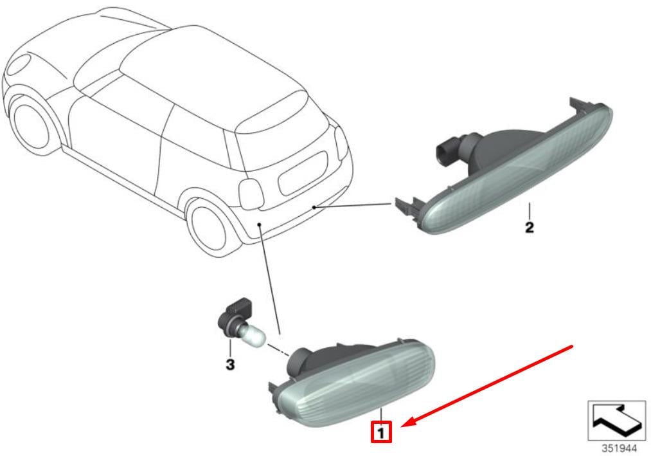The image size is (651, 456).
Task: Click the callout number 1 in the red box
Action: click(380, 433)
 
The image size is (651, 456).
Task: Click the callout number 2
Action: click(530, 228)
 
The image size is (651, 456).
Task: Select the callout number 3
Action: click(230, 365)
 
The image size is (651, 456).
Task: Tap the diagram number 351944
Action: click(619, 448)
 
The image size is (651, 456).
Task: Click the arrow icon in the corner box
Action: click(616, 420)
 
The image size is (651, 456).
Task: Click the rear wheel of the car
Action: click(210, 227)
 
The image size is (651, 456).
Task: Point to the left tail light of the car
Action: click(251, 194)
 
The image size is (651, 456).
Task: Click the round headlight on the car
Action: click(19, 64)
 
